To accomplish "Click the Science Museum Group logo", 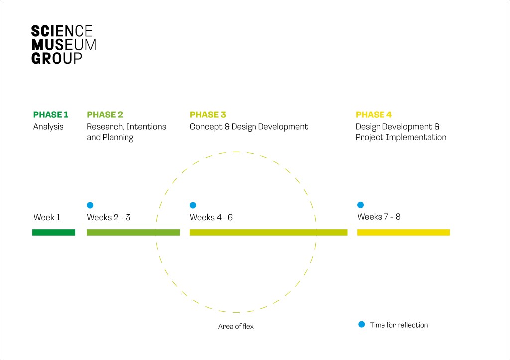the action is [63, 44].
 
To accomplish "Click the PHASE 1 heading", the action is [51, 115].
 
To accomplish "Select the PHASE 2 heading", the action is [105, 115].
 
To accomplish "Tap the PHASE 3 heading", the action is [208, 115].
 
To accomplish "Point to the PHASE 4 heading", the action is [374, 115].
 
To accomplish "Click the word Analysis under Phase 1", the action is [48, 127].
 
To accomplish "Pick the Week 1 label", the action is [47, 217].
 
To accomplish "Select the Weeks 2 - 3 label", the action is [109, 217].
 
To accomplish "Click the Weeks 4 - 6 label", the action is [211, 217].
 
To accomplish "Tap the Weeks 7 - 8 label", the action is [379, 217].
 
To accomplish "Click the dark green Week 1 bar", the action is [54, 232].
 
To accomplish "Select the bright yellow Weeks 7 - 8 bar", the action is [403, 232].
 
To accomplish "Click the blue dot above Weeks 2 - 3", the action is [90, 205].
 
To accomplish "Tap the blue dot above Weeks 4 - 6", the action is [193, 205].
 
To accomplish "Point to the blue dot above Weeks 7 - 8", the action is [361, 205].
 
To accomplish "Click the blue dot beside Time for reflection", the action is [362, 324].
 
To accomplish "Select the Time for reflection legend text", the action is [399, 325].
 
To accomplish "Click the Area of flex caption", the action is [236, 326].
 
